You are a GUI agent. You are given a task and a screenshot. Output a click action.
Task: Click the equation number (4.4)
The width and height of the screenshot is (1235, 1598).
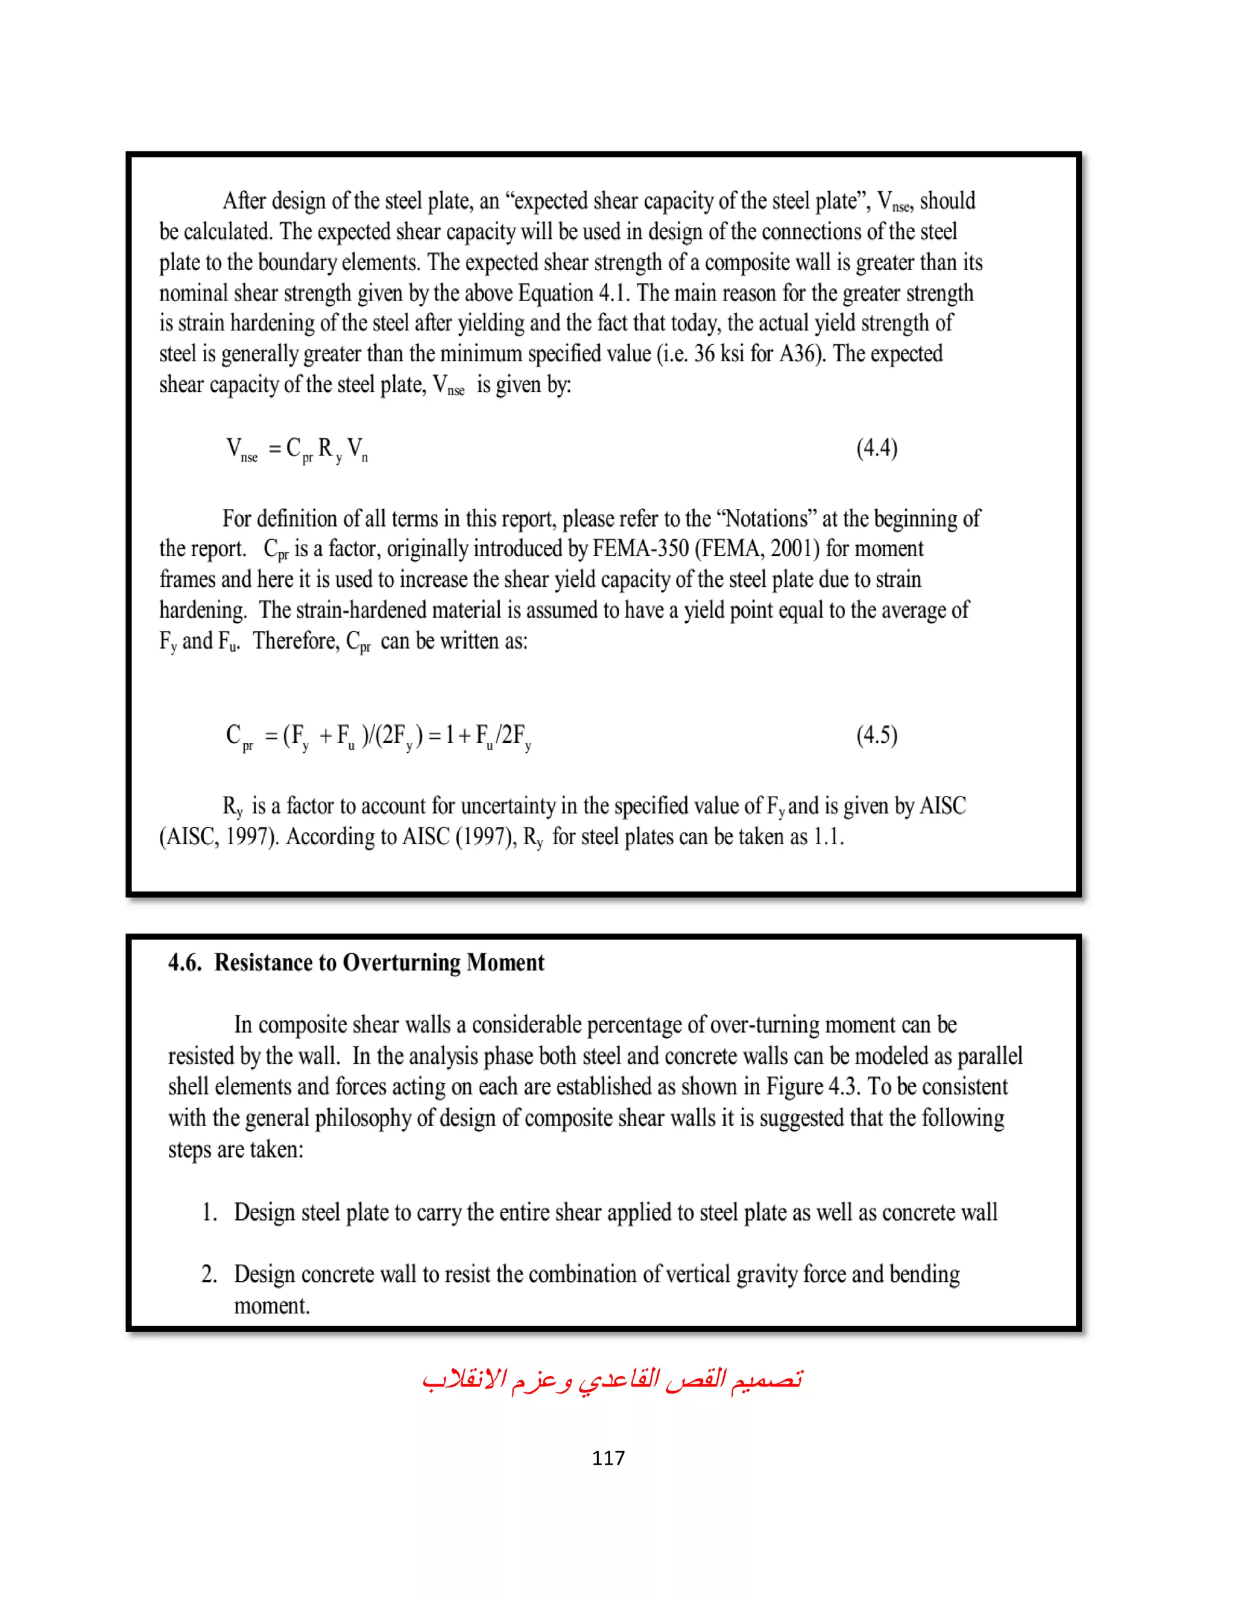876,448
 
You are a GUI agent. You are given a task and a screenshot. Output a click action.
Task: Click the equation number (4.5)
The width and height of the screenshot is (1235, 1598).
876,734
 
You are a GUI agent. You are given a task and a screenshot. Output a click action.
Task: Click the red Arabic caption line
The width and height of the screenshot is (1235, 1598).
613,1380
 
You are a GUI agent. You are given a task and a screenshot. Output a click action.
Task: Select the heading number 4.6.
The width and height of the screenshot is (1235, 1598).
185,963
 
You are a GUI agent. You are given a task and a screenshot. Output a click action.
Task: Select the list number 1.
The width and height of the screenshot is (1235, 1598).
209,1213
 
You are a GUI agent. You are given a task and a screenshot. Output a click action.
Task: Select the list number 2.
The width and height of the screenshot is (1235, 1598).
209,1275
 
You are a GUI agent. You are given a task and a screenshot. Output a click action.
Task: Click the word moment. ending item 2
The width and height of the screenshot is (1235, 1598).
271,1306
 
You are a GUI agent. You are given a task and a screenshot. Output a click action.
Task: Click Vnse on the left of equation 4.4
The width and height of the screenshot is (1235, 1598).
241,449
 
